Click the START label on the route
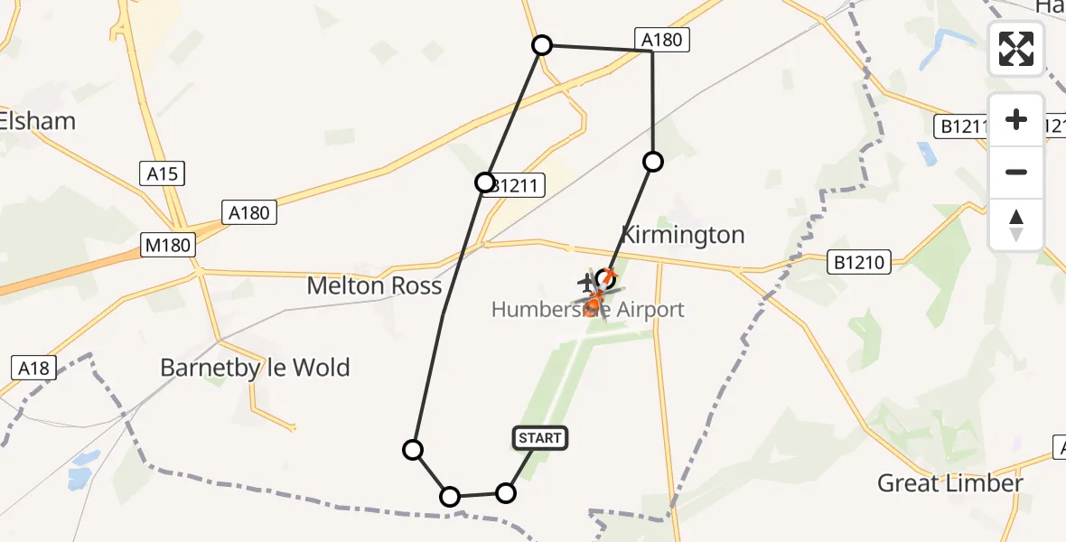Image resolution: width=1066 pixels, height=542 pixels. point(540,438)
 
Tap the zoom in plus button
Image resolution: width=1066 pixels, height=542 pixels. point(1016,119)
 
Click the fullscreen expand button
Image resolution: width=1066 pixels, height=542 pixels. point(1016,49)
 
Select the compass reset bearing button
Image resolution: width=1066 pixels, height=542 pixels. point(1016,224)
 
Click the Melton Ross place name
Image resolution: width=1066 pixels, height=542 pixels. point(374,286)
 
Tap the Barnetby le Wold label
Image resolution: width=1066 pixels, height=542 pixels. point(255,368)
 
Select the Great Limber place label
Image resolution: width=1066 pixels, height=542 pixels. point(949,483)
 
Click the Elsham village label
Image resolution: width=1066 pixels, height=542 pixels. point(38,121)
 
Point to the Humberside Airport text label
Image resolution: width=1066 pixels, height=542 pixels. point(588,310)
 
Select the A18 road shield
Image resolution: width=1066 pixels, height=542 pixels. point(33,368)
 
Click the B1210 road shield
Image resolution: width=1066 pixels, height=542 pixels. point(860,263)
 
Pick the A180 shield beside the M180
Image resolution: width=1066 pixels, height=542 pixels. point(248,213)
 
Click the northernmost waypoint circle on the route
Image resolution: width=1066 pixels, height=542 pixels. point(541,45)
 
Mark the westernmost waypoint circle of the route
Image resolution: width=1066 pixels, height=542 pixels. point(413,450)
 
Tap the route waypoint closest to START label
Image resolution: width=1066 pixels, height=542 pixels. point(506,492)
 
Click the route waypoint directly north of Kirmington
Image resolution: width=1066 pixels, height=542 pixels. point(652,162)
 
